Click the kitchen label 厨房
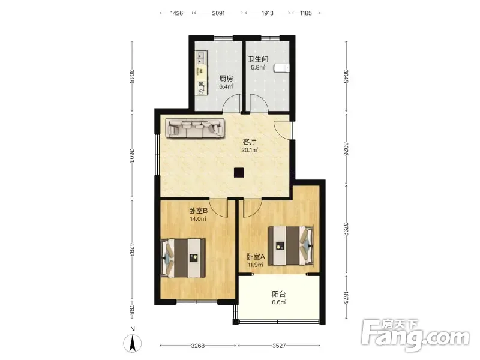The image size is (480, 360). click(x=226, y=79)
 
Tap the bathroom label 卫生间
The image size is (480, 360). click(x=258, y=59)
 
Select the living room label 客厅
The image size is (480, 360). click(x=250, y=142)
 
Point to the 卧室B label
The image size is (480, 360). click(x=198, y=211)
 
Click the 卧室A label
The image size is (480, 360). click(x=256, y=257)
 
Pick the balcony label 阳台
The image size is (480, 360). click(x=279, y=294)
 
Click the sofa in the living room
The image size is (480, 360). click(x=196, y=128)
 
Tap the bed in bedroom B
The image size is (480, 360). click(x=184, y=259)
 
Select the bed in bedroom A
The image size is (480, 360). click(x=291, y=245)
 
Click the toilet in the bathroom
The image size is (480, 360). click(x=282, y=68)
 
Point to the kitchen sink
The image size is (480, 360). click(x=201, y=58)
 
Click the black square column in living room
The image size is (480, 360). click(x=239, y=173)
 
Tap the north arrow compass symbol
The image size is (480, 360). click(x=132, y=343)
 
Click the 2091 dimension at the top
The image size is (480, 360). click(x=218, y=13)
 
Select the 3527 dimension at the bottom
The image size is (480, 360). click(x=279, y=346)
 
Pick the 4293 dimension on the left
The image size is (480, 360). click(x=132, y=250)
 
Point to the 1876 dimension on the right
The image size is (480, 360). click(x=346, y=297)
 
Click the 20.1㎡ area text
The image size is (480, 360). click(x=250, y=150)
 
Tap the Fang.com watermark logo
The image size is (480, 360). click(x=415, y=336)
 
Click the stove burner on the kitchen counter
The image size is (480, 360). click(x=201, y=84)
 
